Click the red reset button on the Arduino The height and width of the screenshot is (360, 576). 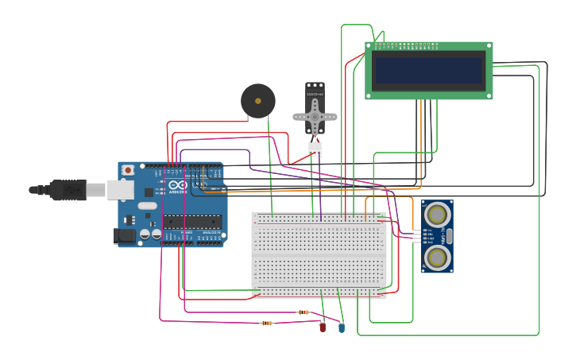[128, 170]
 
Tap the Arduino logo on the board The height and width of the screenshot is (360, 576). [177, 186]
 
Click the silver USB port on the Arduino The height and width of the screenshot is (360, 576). [120, 189]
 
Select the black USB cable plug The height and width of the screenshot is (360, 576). [67, 189]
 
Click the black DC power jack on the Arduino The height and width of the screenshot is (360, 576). [124, 235]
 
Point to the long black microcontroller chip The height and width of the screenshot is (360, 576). [191, 221]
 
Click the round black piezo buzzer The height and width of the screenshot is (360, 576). [258, 101]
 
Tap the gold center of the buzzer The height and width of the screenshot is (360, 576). [258, 101]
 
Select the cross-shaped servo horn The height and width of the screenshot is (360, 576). [315, 117]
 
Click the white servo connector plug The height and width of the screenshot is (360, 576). [315, 149]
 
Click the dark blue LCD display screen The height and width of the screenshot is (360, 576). [429, 71]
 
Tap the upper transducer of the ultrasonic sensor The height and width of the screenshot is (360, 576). [437, 214]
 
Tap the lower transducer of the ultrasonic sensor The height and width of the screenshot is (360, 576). [437, 257]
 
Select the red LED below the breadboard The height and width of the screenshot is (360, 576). [323, 327]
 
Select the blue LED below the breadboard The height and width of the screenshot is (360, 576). [342, 327]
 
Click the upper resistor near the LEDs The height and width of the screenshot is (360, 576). [303, 312]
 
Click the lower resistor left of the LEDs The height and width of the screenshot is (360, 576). [267, 323]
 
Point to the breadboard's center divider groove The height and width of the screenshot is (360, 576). [319, 254]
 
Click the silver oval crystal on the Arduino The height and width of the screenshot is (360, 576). [148, 206]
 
